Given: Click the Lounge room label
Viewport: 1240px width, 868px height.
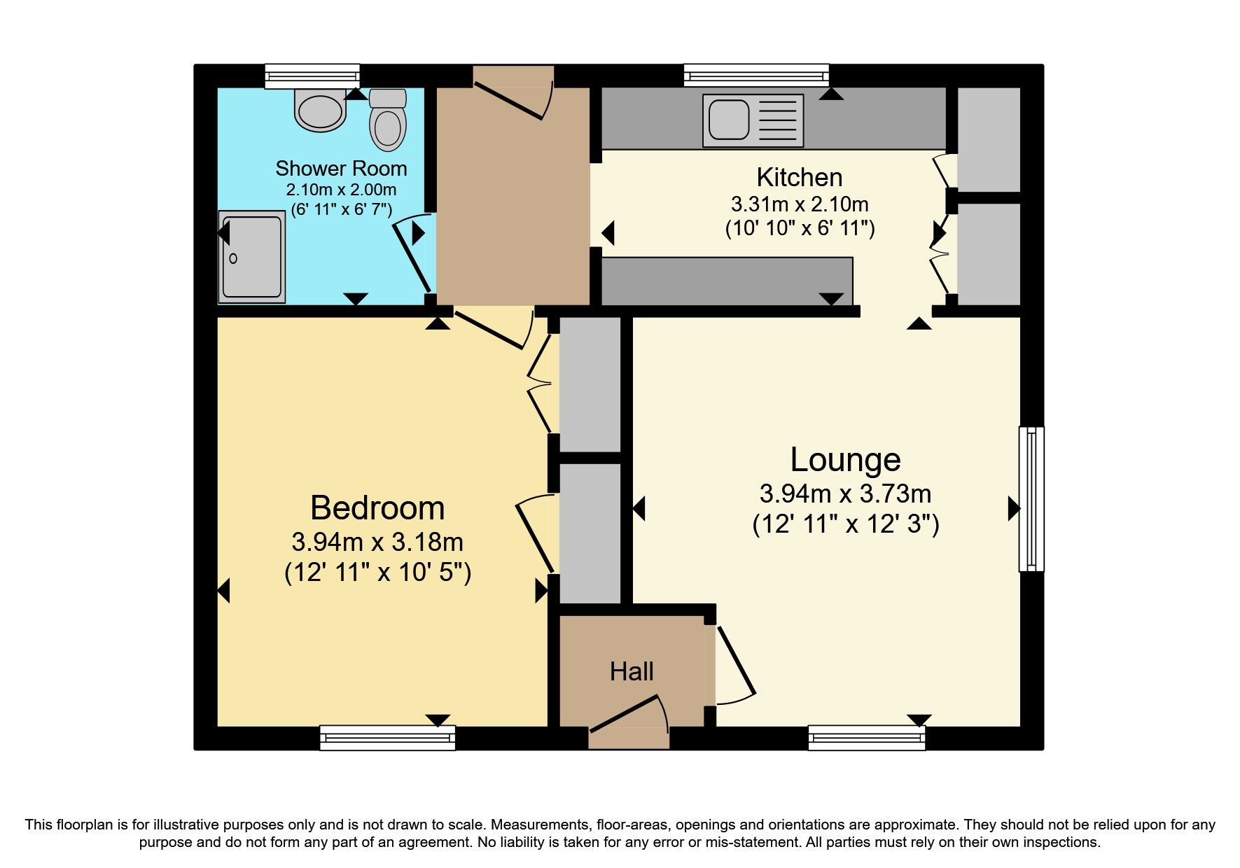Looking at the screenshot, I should pyautogui.click(x=845, y=460).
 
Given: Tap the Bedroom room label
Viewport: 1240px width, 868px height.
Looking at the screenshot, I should pyautogui.click(x=377, y=508).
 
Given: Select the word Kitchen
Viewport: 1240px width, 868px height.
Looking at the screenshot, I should pyautogui.click(x=799, y=178).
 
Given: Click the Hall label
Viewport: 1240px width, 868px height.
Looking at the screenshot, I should pyautogui.click(x=632, y=672).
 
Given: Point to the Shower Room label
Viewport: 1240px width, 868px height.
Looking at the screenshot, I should pyautogui.click(x=341, y=169).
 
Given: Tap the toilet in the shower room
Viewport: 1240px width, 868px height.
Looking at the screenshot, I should pyautogui.click(x=388, y=120).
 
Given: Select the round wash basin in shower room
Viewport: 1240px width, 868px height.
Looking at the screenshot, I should pyautogui.click(x=321, y=110).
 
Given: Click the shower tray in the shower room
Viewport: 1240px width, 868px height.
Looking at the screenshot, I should pyautogui.click(x=251, y=258).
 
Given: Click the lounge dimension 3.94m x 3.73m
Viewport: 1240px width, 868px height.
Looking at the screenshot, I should pyautogui.click(x=845, y=494).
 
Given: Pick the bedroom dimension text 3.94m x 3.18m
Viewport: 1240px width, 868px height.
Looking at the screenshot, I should pyautogui.click(x=377, y=542).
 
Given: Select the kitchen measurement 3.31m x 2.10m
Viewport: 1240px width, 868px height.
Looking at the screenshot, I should pyautogui.click(x=799, y=204).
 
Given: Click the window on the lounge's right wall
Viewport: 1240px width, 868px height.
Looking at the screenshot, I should pyautogui.click(x=1031, y=498).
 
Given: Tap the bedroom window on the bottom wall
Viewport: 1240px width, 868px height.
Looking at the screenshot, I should pyautogui.click(x=387, y=737).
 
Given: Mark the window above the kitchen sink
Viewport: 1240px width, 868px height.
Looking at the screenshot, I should pyautogui.click(x=755, y=74).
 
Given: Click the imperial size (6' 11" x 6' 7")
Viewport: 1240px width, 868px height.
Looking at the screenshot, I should pyautogui.click(x=341, y=209).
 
